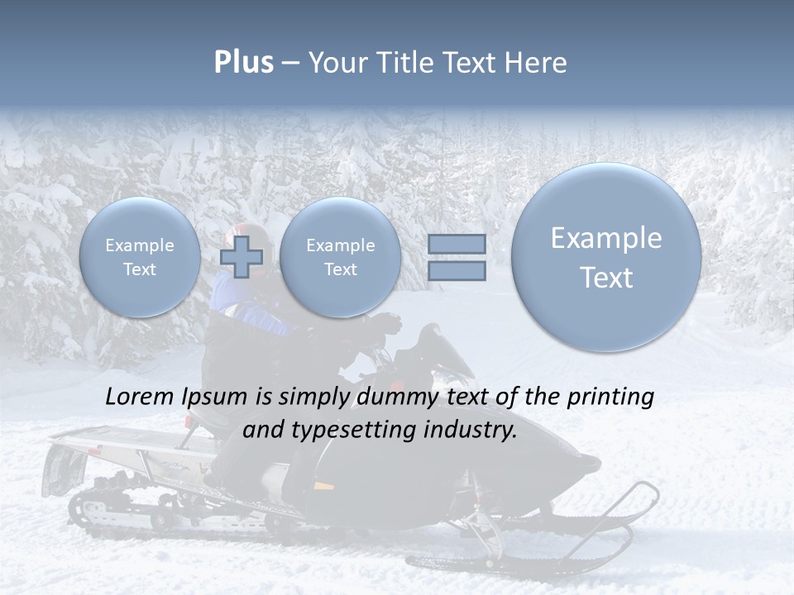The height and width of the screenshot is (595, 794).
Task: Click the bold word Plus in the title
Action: click(x=243, y=63)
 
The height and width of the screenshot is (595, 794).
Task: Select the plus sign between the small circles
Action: click(x=242, y=257)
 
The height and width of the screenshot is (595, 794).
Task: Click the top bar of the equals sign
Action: click(x=457, y=244)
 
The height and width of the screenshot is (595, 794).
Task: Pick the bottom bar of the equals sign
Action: click(x=457, y=271)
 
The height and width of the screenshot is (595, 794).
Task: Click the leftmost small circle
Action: click(x=139, y=257)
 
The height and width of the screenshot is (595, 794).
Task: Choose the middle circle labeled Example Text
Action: click(x=340, y=257)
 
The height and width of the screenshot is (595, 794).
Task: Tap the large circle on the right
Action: click(x=606, y=257)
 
